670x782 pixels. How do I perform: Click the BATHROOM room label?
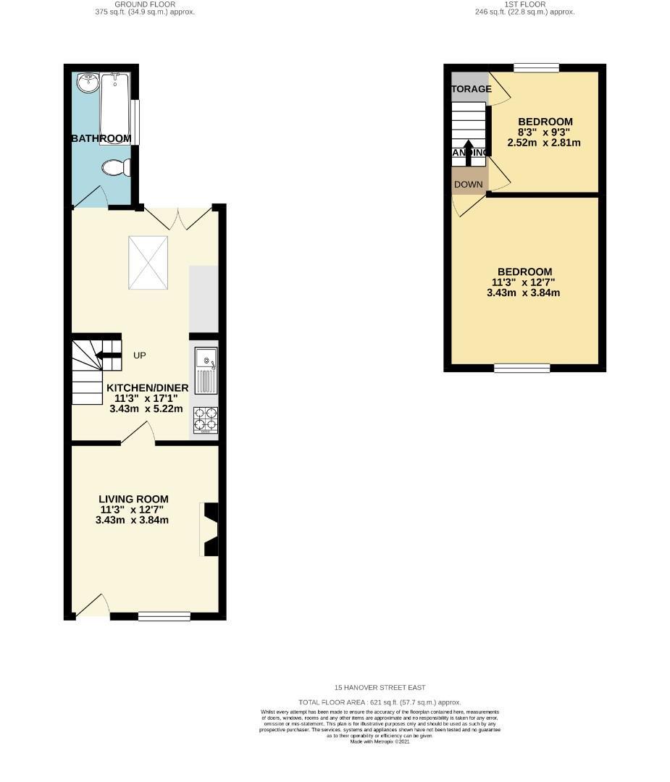(101, 138)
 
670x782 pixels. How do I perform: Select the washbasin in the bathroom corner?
(88, 83)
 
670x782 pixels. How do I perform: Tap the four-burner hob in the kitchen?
(205, 420)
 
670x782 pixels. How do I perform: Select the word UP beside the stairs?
(140, 356)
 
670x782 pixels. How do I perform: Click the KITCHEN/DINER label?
(147, 388)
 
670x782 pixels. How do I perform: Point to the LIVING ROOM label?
(133, 499)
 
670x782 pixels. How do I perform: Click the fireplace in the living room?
(209, 529)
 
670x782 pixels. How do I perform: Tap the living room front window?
(164, 616)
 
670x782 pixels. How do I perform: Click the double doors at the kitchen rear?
(179, 217)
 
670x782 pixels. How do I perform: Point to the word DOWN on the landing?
(468, 185)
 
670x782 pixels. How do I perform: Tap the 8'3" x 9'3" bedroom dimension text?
(545, 132)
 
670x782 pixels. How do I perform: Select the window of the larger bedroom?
(522, 368)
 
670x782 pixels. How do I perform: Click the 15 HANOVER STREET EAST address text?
(380, 687)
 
